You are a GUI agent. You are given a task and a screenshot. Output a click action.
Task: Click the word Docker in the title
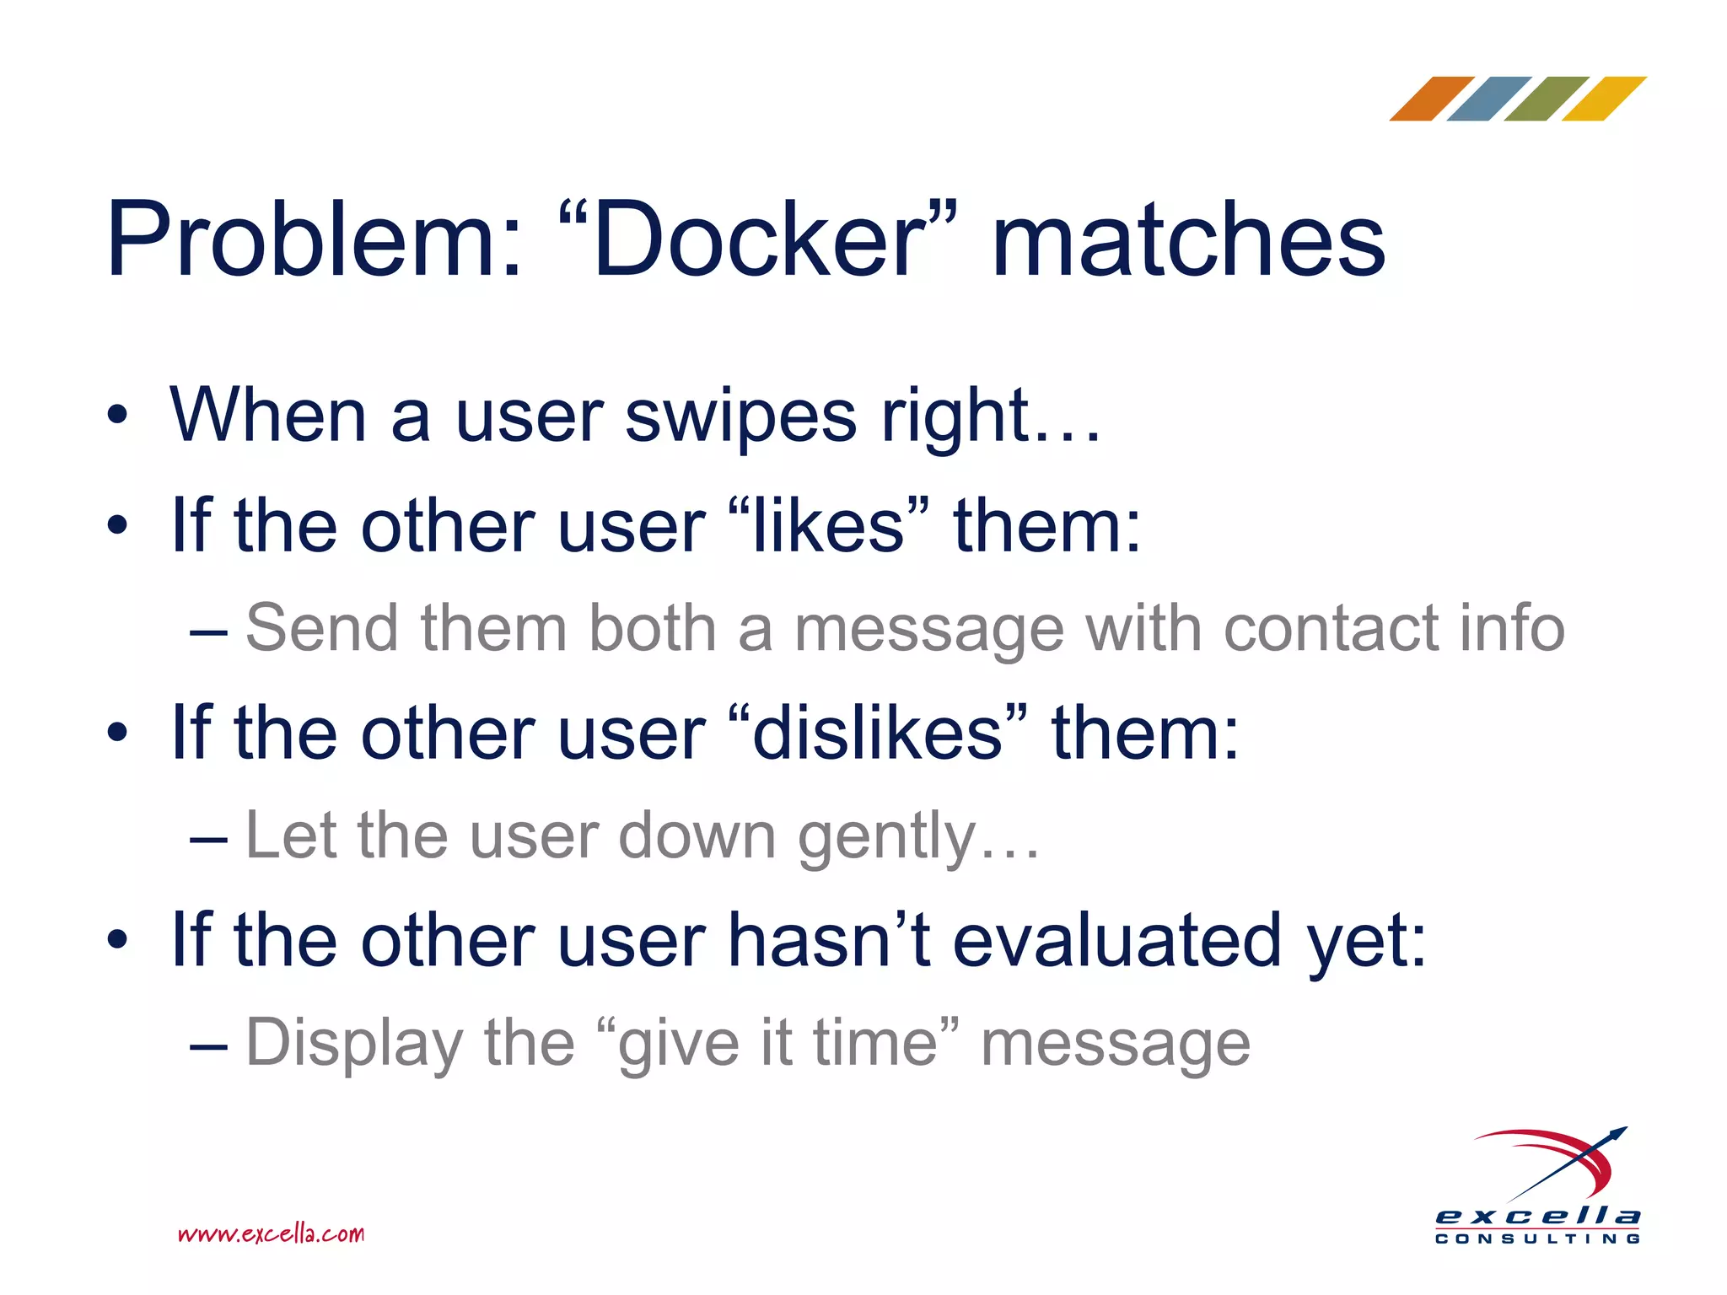click(759, 240)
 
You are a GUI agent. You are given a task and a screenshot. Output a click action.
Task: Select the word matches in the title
click(1189, 240)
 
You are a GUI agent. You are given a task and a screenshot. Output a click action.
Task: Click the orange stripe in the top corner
click(1431, 99)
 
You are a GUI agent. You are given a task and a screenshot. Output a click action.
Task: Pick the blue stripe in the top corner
click(1488, 99)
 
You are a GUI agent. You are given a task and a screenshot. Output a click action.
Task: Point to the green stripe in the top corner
click(1546, 99)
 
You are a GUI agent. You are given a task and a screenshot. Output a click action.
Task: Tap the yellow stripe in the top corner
click(1603, 99)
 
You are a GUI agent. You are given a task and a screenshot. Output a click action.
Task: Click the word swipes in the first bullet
click(740, 416)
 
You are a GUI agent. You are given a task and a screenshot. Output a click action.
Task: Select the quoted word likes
click(828, 526)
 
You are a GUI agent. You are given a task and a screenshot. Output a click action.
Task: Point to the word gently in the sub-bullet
click(885, 837)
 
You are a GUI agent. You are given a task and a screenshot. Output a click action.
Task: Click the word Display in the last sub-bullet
click(354, 1044)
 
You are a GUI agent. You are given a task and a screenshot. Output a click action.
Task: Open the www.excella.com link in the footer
click(271, 1234)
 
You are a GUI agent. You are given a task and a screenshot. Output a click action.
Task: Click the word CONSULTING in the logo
click(1537, 1239)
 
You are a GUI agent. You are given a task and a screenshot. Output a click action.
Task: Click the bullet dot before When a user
click(117, 415)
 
